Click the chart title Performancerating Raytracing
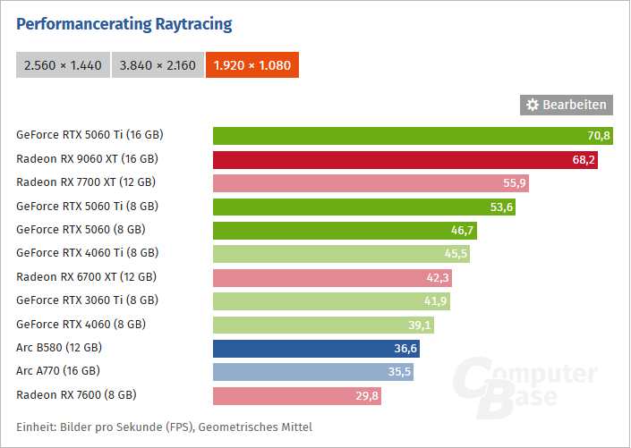tap(124, 24)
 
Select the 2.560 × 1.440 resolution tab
tap(63, 65)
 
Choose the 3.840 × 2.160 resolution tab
tap(158, 65)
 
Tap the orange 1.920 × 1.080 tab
tap(252, 65)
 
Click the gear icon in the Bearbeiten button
tap(533, 105)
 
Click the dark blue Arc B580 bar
tap(316, 347)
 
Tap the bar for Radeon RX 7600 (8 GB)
tap(296, 395)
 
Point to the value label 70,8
tap(599, 136)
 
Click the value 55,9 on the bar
tap(516, 183)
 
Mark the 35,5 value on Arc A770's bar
tap(400, 371)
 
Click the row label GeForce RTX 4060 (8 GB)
tap(81, 324)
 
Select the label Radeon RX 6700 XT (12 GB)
tap(86, 277)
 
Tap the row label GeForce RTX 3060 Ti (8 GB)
tap(87, 300)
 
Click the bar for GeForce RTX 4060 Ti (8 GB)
tap(341, 253)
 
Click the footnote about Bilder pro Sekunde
tap(164, 426)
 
